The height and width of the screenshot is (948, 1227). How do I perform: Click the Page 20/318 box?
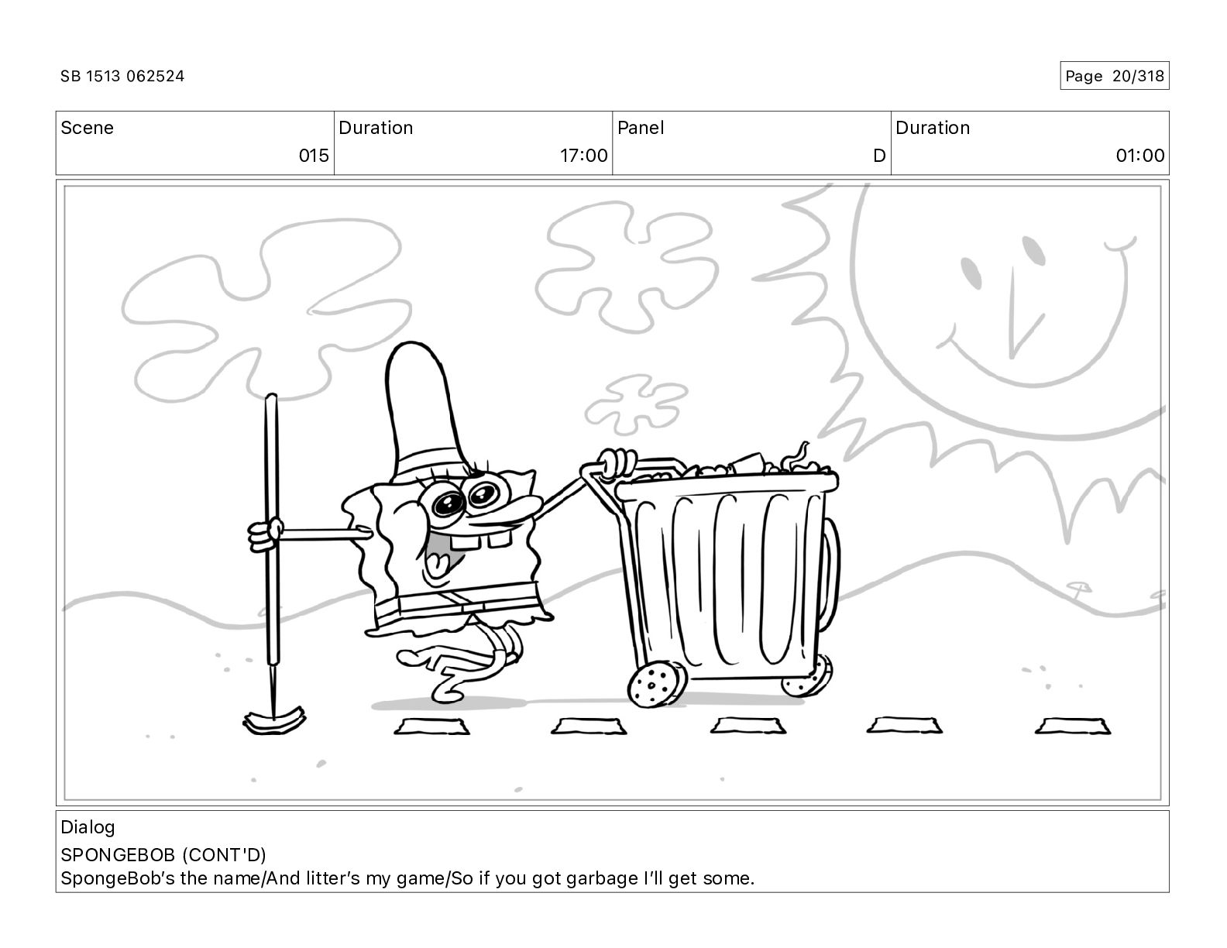point(1114,76)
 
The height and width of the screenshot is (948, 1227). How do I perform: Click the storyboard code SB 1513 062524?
point(122,76)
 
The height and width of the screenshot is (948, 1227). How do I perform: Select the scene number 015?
point(314,155)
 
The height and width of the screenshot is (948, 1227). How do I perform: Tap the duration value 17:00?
point(583,155)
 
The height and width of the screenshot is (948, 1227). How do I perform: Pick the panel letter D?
point(879,155)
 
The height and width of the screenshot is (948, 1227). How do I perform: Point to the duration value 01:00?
point(1140,155)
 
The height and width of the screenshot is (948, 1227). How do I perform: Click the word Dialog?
point(88,827)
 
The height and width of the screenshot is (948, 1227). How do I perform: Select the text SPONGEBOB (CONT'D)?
point(163,855)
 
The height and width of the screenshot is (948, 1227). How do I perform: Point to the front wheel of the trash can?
point(656,685)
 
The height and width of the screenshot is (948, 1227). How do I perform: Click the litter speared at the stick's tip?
point(274,721)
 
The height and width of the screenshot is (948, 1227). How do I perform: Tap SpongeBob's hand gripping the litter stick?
point(264,534)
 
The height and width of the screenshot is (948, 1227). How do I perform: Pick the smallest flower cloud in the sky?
point(636,404)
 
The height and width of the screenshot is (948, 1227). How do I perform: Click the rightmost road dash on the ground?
point(1072,726)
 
